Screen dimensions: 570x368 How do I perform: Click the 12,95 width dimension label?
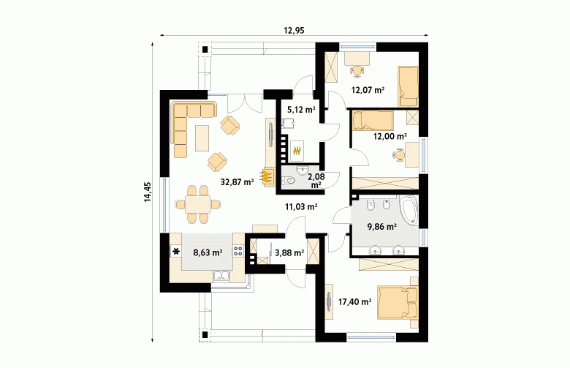pos(294,31)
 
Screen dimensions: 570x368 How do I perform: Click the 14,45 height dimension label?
pos(148,192)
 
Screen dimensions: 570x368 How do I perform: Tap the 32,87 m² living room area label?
pos(237,182)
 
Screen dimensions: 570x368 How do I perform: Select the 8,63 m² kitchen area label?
pos(208,252)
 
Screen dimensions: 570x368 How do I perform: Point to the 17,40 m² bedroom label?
pos(355,301)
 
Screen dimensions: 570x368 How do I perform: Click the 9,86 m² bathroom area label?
pos(381,227)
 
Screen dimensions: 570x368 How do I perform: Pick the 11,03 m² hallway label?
pos(301,207)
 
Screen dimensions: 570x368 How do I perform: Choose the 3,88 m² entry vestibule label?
pos(289,252)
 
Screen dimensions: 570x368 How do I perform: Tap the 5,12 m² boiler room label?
pos(301,109)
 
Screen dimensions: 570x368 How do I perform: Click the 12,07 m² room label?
pos(368,89)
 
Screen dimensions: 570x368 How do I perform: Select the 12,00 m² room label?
pos(390,136)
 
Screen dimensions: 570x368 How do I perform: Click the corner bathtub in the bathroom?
pos(409,210)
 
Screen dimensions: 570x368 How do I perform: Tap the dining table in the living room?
pos(198,204)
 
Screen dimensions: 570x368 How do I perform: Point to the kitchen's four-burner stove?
pos(238,250)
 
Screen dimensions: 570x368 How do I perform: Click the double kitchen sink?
pos(221,277)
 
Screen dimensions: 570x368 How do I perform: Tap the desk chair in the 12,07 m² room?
pos(357,71)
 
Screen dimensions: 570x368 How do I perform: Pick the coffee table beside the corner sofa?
pos(202,138)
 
